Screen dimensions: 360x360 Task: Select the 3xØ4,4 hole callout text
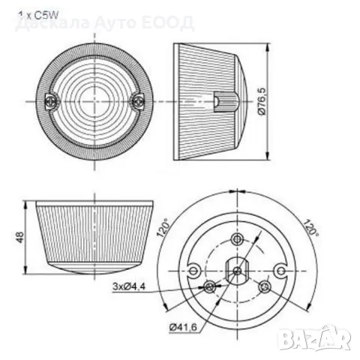131,285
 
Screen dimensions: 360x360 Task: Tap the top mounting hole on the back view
237,239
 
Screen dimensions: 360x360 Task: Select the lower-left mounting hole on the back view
208,286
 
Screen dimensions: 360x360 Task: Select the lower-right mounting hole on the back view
263,286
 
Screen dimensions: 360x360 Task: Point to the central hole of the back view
236,271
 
